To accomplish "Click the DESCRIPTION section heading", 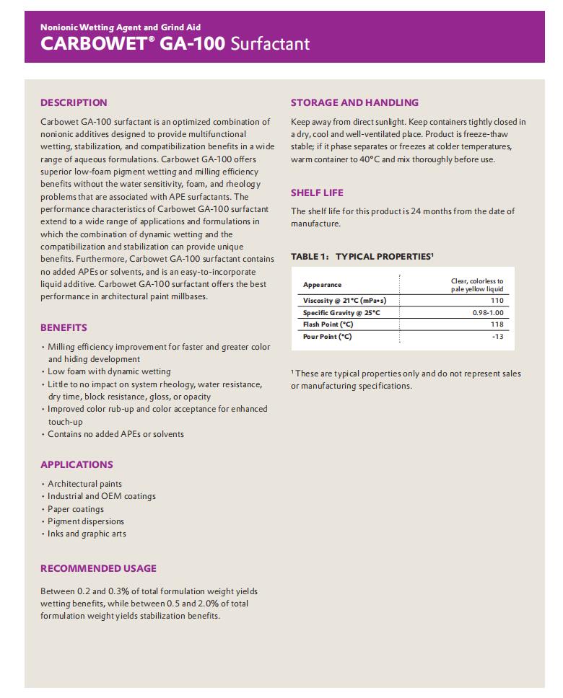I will pyautogui.click(x=74, y=102).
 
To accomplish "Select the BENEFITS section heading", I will pyautogui.click(x=64, y=327).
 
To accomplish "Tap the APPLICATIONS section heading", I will pyautogui.click(x=77, y=464).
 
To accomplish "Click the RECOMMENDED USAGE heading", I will pyautogui.click(x=98, y=568).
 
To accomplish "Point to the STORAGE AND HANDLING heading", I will pyautogui.click(x=354, y=102).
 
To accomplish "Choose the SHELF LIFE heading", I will pyautogui.click(x=317, y=193).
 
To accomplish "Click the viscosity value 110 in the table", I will pyautogui.click(x=497, y=300).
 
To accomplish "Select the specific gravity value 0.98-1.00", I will pyautogui.click(x=488, y=313).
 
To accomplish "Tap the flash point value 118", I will pyautogui.click(x=497, y=324).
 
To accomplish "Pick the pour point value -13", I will pyautogui.click(x=497, y=337).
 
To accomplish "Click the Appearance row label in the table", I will pyautogui.click(x=322, y=285).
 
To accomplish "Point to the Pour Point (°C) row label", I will pyautogui.click(x=327, y=337).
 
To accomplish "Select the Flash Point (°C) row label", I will pyautogui.click(x=328, y=324).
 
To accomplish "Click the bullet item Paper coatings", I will pyautogui.click(x=76, y=509).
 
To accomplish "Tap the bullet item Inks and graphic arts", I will pyautogui.click(x=87, y=534).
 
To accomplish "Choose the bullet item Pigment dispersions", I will pyautogui.click(x=86, y=521).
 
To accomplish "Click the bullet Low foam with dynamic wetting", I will pyautogui.click(x=109, y=371).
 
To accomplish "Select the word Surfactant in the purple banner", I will pyautogui.click(x=269, y=43).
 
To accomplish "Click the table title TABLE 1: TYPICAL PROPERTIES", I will pyautogui.click(x=362, y=257).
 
